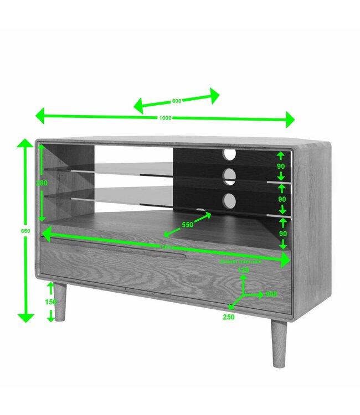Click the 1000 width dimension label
click(x=165, y=118)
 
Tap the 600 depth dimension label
click(x=177, y=101)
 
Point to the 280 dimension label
click(x=42, y=183)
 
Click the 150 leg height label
click(x=51, y=302)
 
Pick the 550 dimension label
click(x=188, y=225)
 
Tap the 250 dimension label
click(x=229, y=317)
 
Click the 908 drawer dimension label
click(x=271, y=294)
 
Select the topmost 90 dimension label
click(x=281, y=166)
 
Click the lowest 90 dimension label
click(x=283, y=234)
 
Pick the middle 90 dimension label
click(x=282, y=199)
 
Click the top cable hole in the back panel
click(x=230, y=154)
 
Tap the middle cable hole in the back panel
click(x=229, y=176)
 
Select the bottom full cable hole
click(x=229, y=199)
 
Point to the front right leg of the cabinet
click(x=279, y=344)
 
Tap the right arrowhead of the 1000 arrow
click(x=290, y=119)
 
